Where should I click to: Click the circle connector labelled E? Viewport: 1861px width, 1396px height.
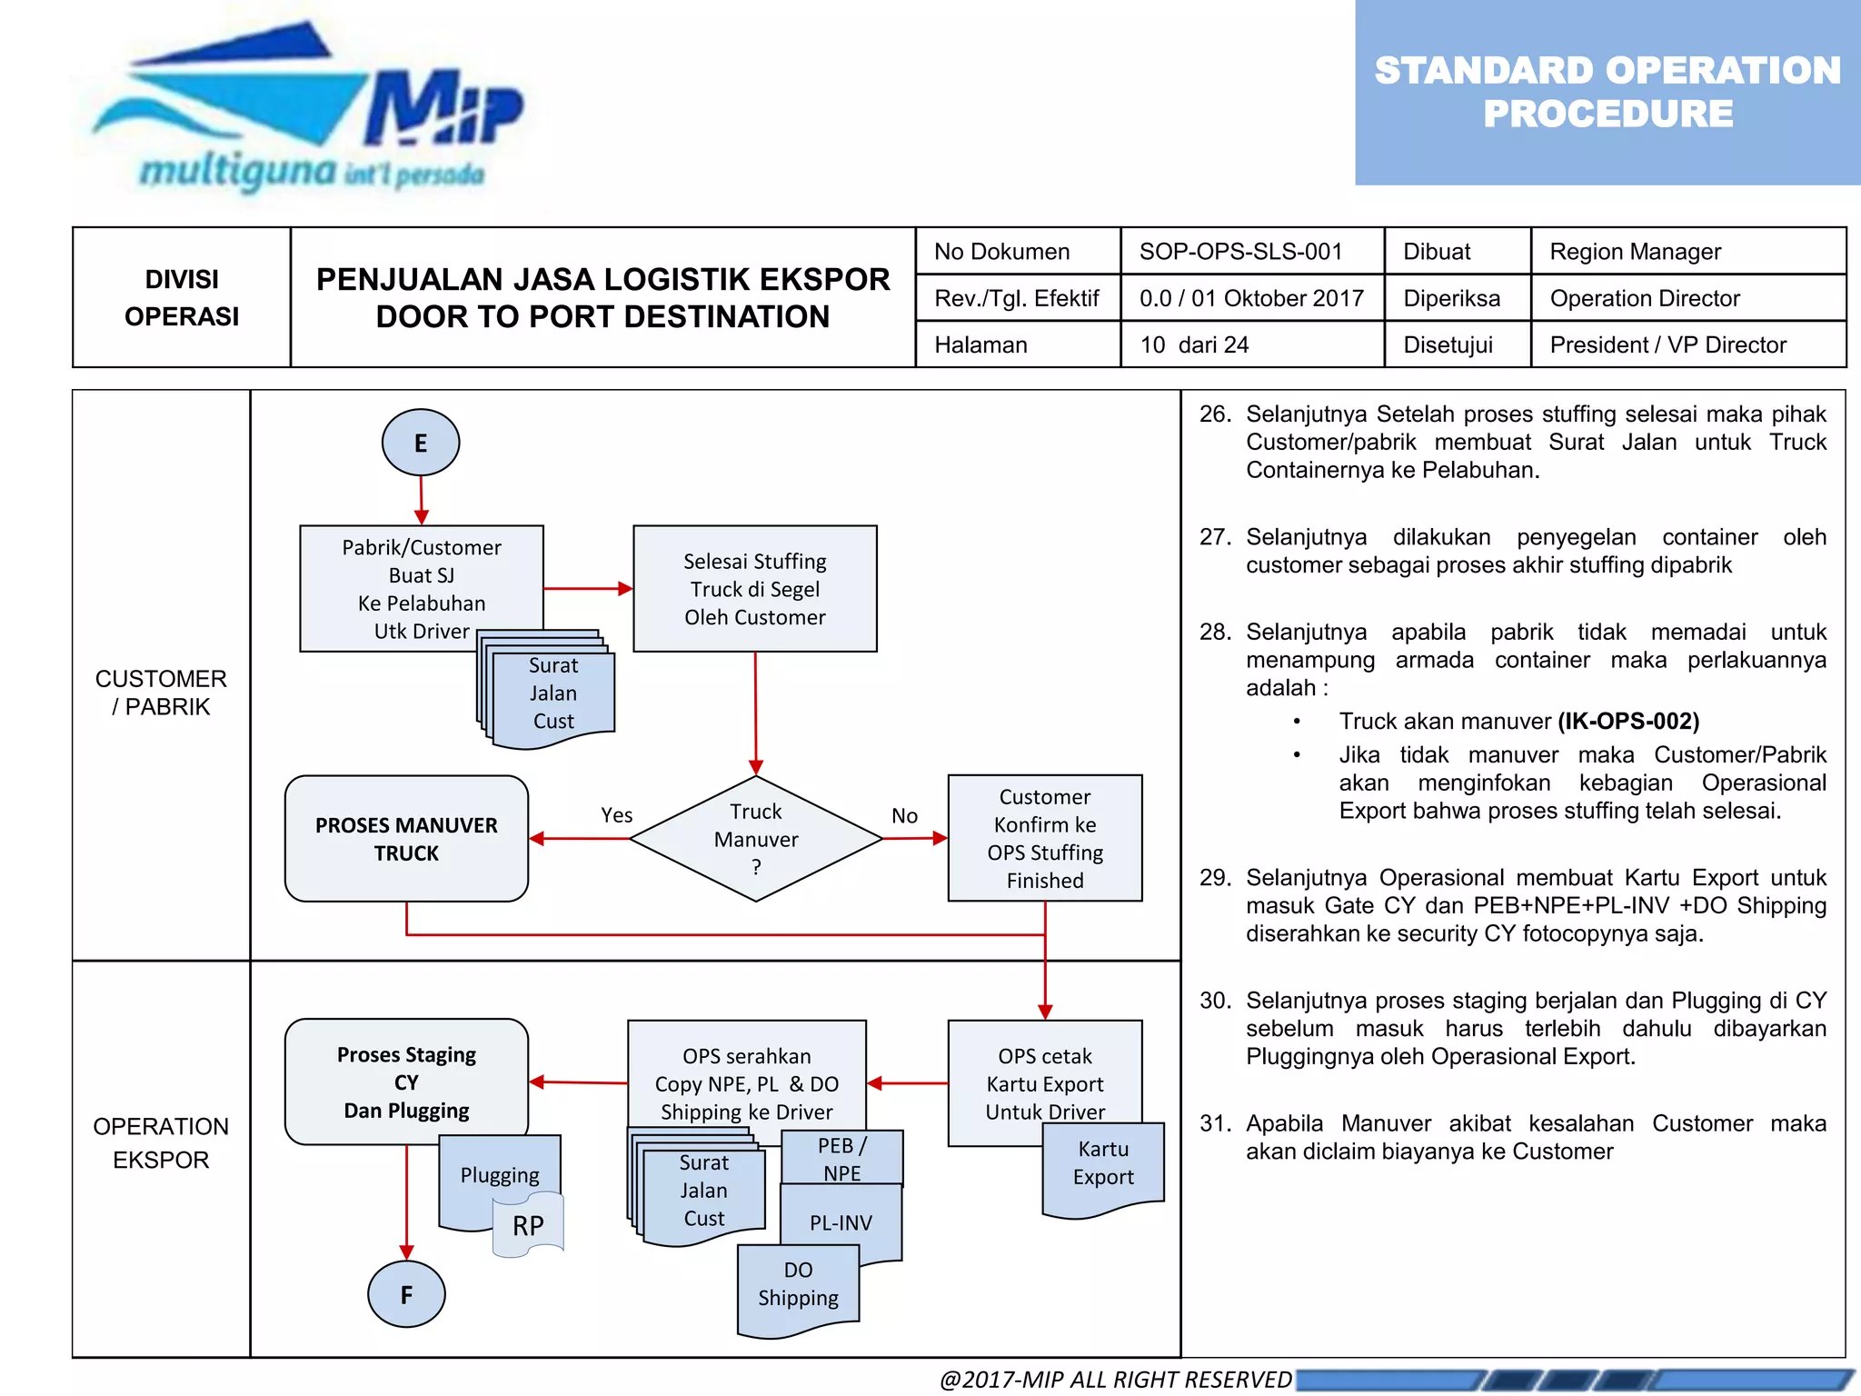tap(420, 443)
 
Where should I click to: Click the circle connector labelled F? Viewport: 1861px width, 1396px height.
tap(406, 1294)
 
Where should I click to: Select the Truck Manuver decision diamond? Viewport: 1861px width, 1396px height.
tap(755, 838)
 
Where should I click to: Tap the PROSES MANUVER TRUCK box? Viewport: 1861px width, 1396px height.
tap(406, 838)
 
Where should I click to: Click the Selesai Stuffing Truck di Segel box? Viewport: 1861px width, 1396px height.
tap(754, 588)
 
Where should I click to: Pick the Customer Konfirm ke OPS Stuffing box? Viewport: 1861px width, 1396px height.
tap(1045, 838)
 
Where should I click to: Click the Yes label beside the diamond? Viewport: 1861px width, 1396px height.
tap(616, 815)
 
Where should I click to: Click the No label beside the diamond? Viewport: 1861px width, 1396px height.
tap(904, 815)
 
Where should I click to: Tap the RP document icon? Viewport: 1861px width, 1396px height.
tap(528, 1225)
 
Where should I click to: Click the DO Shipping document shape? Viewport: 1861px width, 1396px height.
tap(798, 1286)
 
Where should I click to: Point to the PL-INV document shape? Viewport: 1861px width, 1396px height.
tap(841, 1223)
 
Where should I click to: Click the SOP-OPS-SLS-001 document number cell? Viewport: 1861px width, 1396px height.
tap(1241, 252)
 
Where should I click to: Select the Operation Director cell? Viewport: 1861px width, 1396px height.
tap(1645, 298)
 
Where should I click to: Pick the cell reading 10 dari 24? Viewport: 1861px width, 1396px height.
tap(1194, 344)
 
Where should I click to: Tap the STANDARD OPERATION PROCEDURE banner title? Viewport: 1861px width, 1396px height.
tap(1607, 92)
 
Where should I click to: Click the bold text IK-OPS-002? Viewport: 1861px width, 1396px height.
tap(1628, 721)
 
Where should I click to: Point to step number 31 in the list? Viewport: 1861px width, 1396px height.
tap(1215, 1123)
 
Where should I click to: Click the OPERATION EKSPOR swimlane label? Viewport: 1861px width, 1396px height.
tap(161, 1142)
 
